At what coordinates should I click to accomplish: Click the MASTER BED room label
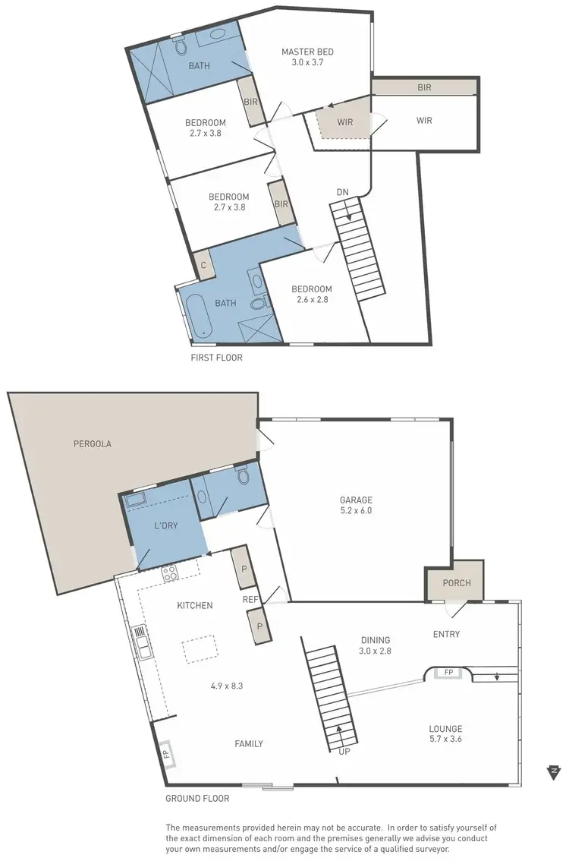point(307,52)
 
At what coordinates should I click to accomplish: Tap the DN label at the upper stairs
point(343,193)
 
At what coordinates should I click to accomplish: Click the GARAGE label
point(356,500)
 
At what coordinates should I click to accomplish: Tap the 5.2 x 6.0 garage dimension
point(356,511)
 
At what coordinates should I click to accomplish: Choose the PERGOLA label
point(93,444)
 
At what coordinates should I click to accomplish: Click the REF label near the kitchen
point(250,599)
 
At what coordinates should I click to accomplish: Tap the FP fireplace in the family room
point(165,754)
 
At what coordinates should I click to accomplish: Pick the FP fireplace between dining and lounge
point(448,672)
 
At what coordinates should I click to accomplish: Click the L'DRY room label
point(165,525)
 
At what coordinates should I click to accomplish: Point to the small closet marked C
point(203,265)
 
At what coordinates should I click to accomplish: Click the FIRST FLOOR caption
point(217,358)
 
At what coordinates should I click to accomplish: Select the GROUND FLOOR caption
point(197,799)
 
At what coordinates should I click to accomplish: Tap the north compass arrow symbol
point(554,772)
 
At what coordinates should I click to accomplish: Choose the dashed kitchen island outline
point(198,650)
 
